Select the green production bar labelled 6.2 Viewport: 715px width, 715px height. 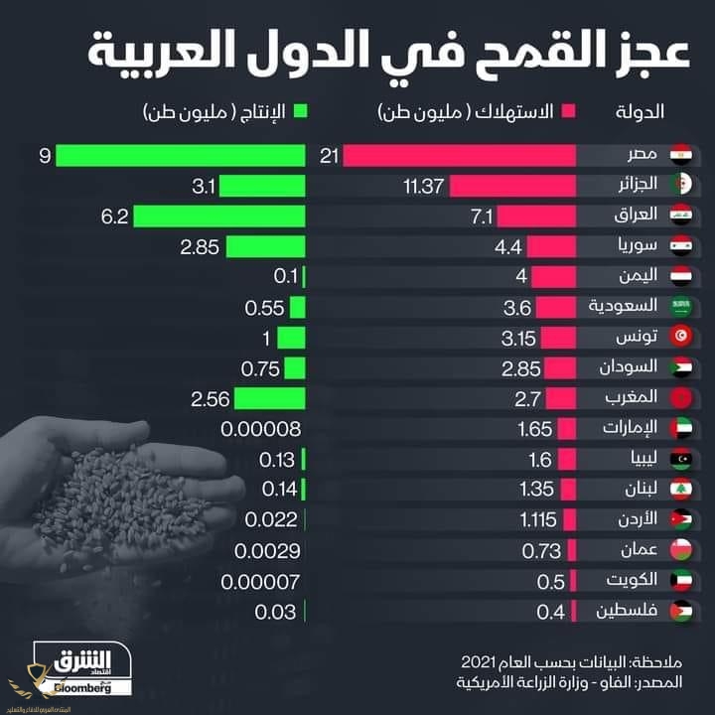(x=218, y=215)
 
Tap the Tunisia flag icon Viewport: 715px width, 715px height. (x=680, y=338)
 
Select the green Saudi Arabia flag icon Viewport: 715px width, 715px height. (x=680, y=307)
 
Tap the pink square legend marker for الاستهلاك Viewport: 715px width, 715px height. (x=569, y=111)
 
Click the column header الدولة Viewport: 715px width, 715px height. (x=641, y=111)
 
